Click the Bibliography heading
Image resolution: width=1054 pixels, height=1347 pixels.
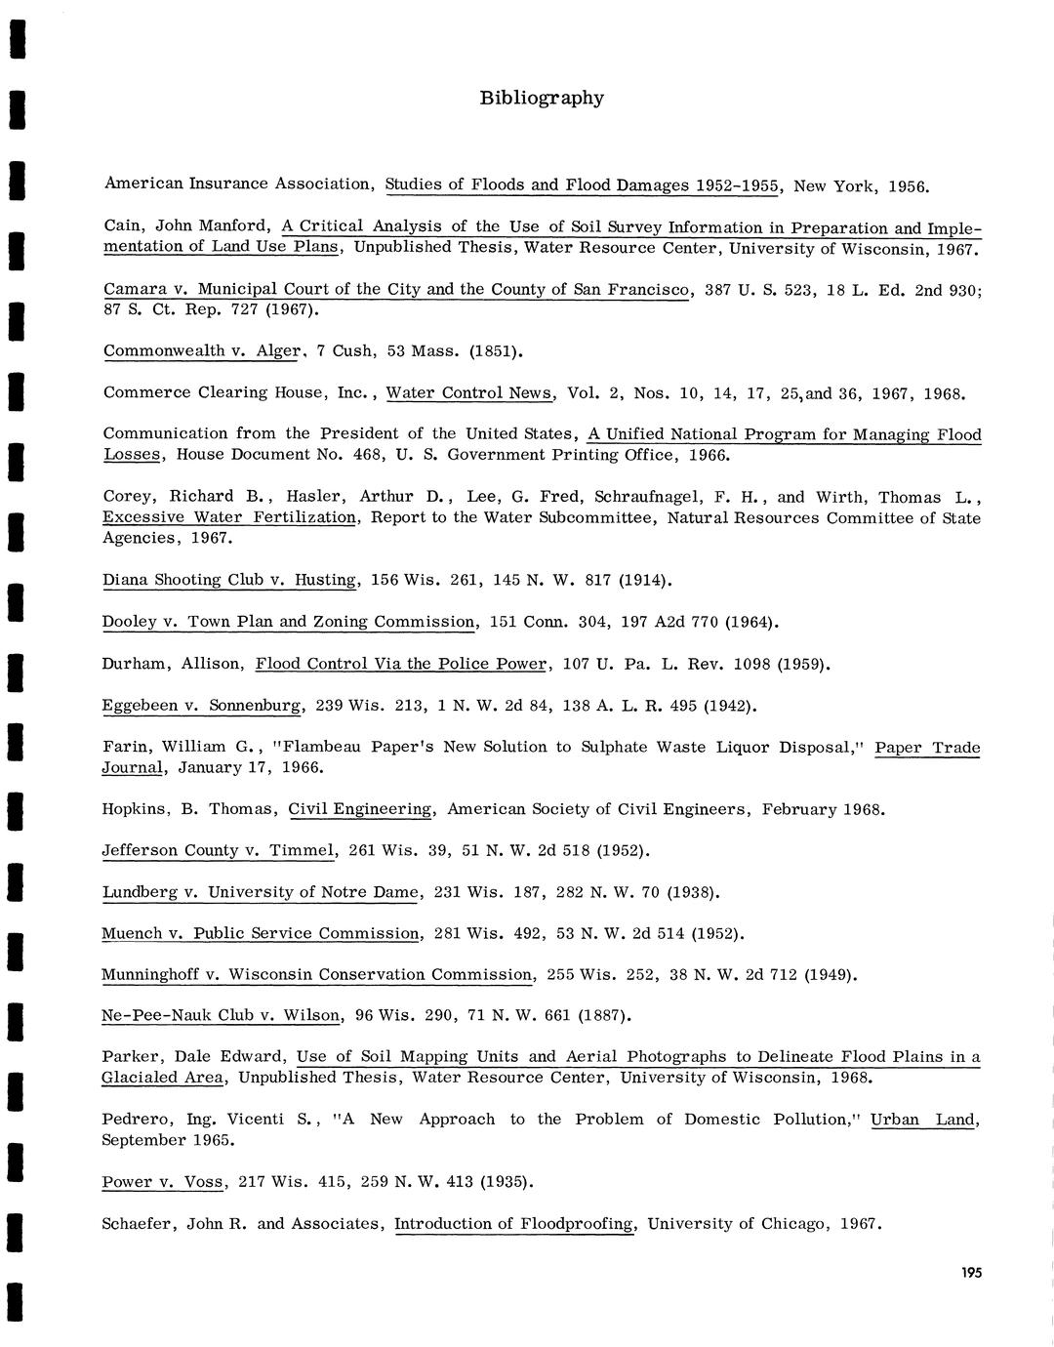(542, 98)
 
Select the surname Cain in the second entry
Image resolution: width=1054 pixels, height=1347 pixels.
(123, 225)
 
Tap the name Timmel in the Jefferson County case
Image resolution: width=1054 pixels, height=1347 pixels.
(302, 850)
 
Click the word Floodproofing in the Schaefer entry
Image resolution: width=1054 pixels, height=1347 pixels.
(576, 1223)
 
